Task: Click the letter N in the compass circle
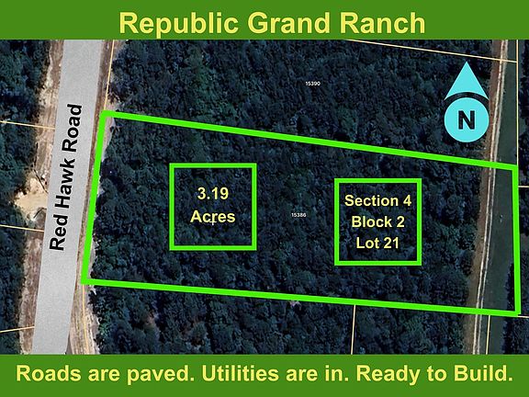click(467, 119)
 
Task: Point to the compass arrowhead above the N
click(467, 81)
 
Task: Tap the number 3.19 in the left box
click(212, 194)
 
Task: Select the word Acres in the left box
click(212, 217)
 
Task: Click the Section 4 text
click(377, 200)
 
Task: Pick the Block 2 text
click(377, 221)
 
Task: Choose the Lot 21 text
click(377, 243)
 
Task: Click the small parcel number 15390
click(312, 84)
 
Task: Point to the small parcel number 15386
click(298, 214)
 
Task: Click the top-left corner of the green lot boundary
click(103, 114)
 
